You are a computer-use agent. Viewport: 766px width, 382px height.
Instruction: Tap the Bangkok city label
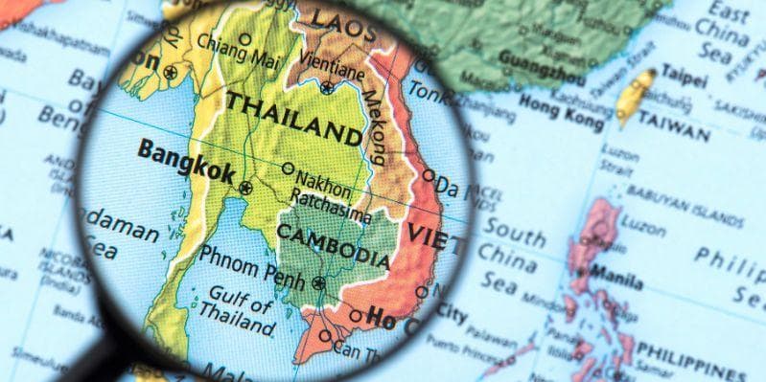pos(186,161)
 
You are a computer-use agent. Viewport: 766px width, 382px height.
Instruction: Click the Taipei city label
pos(684,75)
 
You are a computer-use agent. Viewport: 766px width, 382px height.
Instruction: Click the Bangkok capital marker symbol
pos(244,187)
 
